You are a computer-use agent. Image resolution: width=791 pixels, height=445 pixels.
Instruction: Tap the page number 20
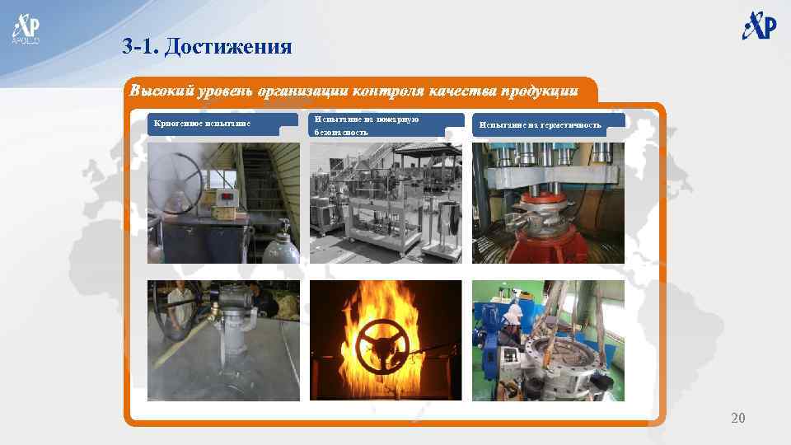(x=737, y=419)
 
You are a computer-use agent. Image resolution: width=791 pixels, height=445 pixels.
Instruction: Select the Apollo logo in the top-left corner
(x=25, y=27)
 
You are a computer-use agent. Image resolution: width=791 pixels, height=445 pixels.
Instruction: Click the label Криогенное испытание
(x=203, y=124)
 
